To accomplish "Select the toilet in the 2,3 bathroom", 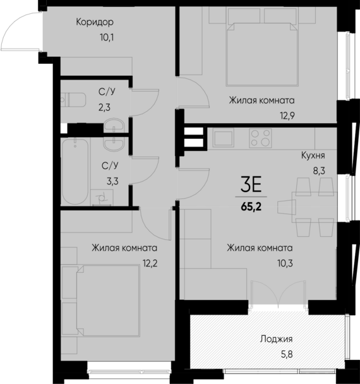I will (x=75, y=99).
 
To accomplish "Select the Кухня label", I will (x=312, y=155).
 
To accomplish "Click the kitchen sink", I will (x=224, y=136).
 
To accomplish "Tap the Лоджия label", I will (x=275, y=339).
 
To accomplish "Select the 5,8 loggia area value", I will (x=275, y=354).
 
